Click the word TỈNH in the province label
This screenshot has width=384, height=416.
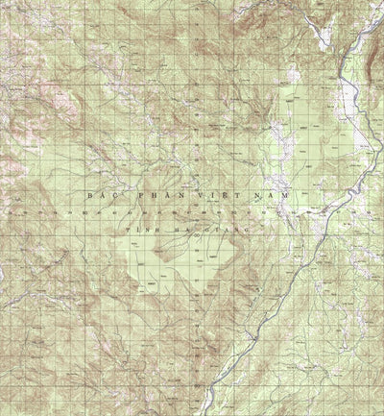pos(144,230)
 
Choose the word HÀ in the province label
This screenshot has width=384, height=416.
pos(186,230)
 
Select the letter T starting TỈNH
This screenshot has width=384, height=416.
pos(130,230)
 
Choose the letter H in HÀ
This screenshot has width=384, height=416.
pos(180,230)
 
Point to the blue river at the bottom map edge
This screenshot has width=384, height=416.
pos(204,411)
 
